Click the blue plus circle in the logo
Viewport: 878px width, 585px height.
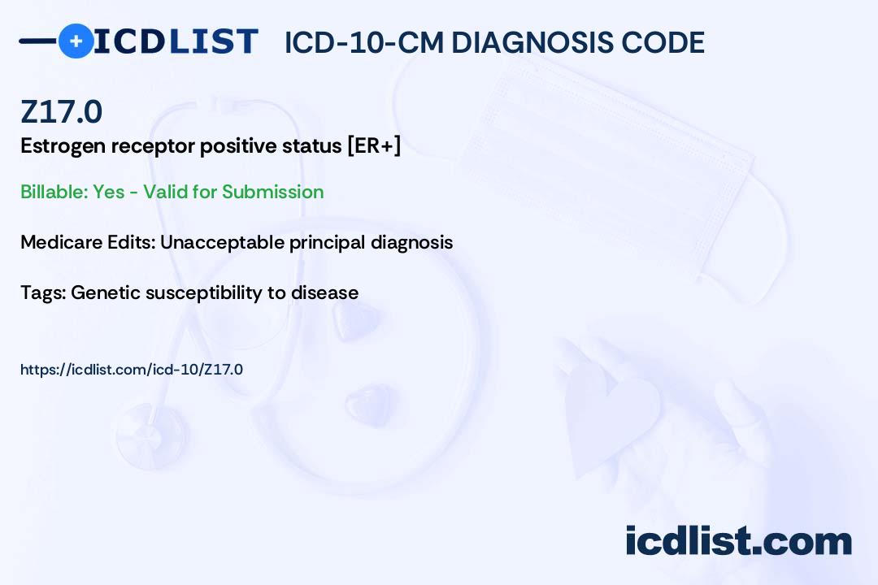click(x=76, y=41)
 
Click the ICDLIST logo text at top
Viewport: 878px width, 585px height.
click(x=176, y=41)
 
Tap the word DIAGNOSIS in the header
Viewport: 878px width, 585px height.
click(x=532, y=42)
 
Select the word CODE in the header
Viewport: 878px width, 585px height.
click(x=663, y=42)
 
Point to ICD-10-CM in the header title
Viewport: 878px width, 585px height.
click(x=364, y=42)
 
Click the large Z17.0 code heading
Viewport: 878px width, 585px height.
click(x=61, y=111)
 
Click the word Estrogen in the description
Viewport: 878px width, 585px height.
click(x=63, y=147)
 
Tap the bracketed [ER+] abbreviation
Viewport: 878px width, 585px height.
click(x=374, y=145)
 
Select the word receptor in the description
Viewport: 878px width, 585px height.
click(x=152, y=147)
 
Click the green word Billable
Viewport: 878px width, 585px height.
click(x=54, y=192)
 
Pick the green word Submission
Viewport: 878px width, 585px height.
click(x=272, y=192)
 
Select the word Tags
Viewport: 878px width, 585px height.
click(x=43, y=293)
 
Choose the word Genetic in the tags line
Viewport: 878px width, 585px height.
click(x=105, y=292)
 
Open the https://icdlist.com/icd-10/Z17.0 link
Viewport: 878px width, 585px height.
click(x=132, y=370)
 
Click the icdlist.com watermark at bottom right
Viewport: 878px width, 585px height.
click(x=738, y=541)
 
